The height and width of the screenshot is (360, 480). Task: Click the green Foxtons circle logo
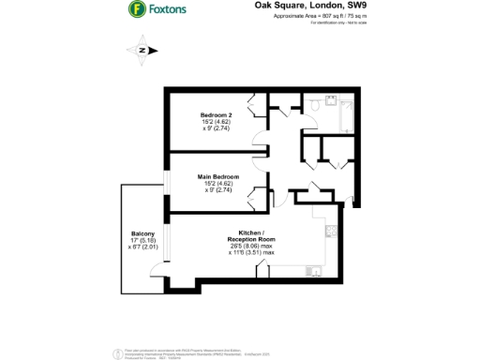(x=137, y=11)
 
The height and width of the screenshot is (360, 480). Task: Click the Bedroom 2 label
(x=217, y=114)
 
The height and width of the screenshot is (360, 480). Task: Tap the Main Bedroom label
(x=217, y=176)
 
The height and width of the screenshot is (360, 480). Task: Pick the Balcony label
(x=142, y=233)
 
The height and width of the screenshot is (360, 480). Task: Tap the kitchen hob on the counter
(x=331, y=230)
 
